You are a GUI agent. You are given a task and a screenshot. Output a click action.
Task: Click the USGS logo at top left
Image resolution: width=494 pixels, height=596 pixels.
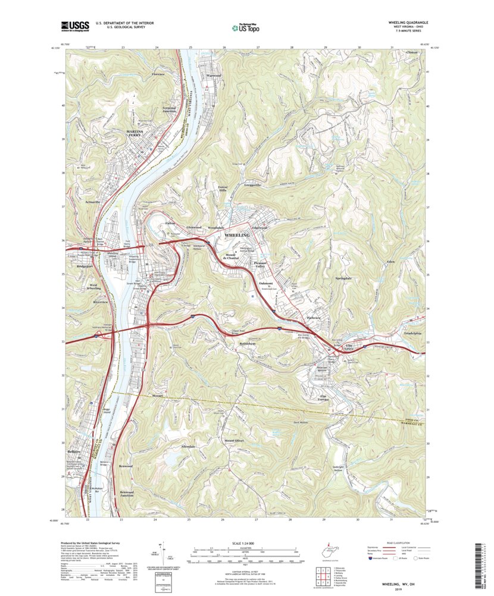(74, 26)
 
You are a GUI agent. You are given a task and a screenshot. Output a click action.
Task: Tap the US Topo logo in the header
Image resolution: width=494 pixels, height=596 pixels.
(247, 26)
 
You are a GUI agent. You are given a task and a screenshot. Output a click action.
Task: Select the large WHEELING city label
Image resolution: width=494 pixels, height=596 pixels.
(237, 236)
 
